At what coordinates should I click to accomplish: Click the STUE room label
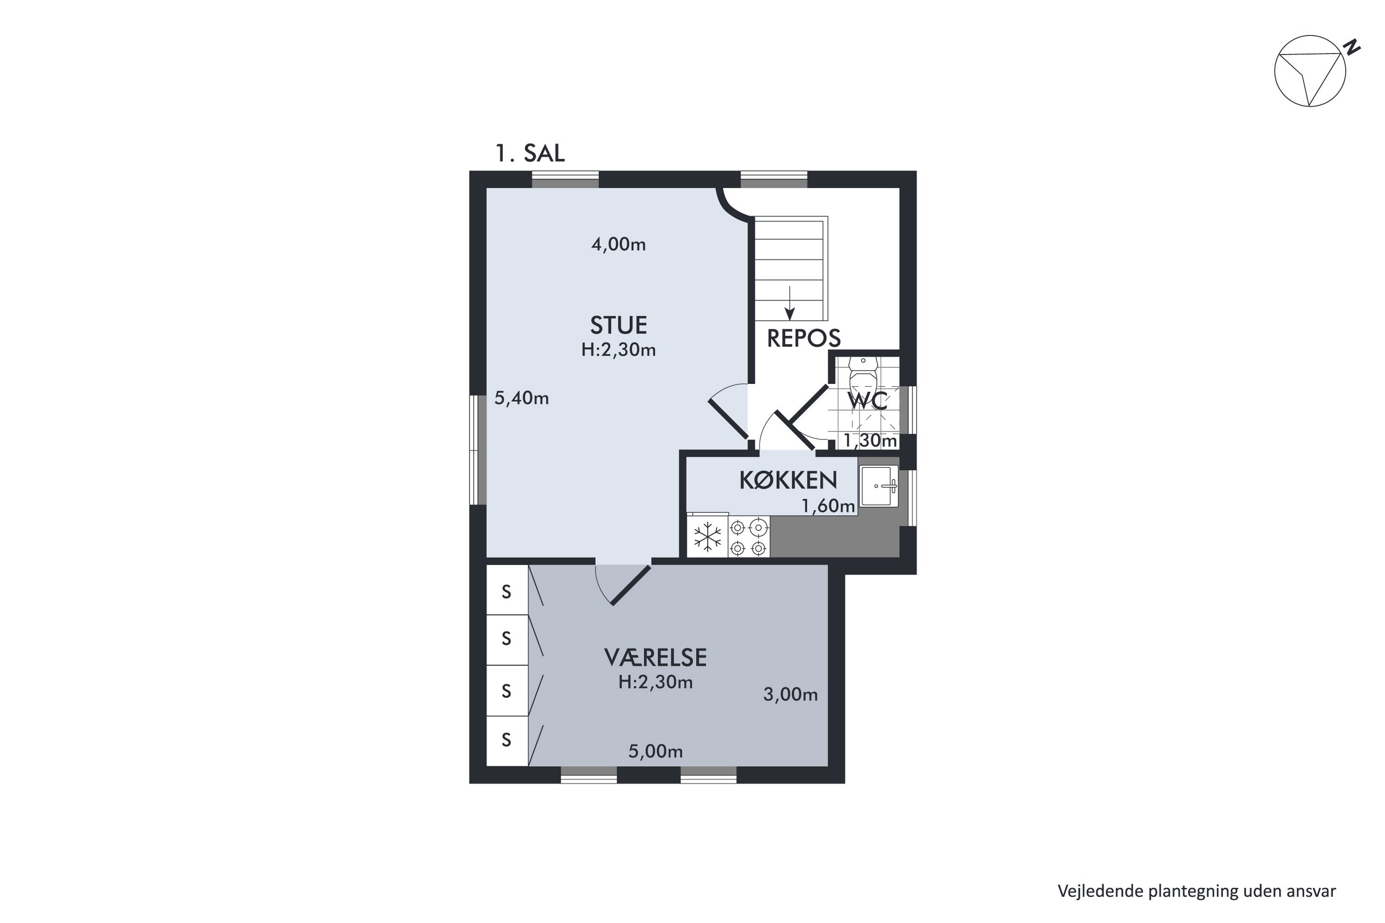pyautogui.click(x=618, y=325)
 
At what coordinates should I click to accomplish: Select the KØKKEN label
pyautogui.click(x=788, y=480)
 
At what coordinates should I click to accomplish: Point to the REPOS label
pyautogui.click(x=803, y=338)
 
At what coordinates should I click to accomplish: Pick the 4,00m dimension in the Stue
pyautogui.click(x=618, y=244)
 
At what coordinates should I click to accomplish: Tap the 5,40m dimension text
pyautogui.click(x=521, y=399)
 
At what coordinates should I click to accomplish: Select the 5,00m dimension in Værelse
pyautogui.click(x=656, y=752)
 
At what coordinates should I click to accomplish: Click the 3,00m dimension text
pyautogui.click(x=790, y=695)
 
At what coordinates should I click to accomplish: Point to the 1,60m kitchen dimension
pyautogui.click(x=828, y=506)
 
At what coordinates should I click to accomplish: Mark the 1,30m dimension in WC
pyautogui.click(x=870, y=440)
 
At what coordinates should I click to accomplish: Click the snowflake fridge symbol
pyautogui.click(x=707, y=537)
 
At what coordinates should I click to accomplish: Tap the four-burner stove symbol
pyautogui.click(x=748, y=537)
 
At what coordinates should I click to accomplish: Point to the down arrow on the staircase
pyautogui.click(x=789, y=303)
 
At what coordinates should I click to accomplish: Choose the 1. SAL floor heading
pyautogui.click(x=530, y=154)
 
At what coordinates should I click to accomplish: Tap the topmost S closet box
pyautogui.click(x=506, y=590)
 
